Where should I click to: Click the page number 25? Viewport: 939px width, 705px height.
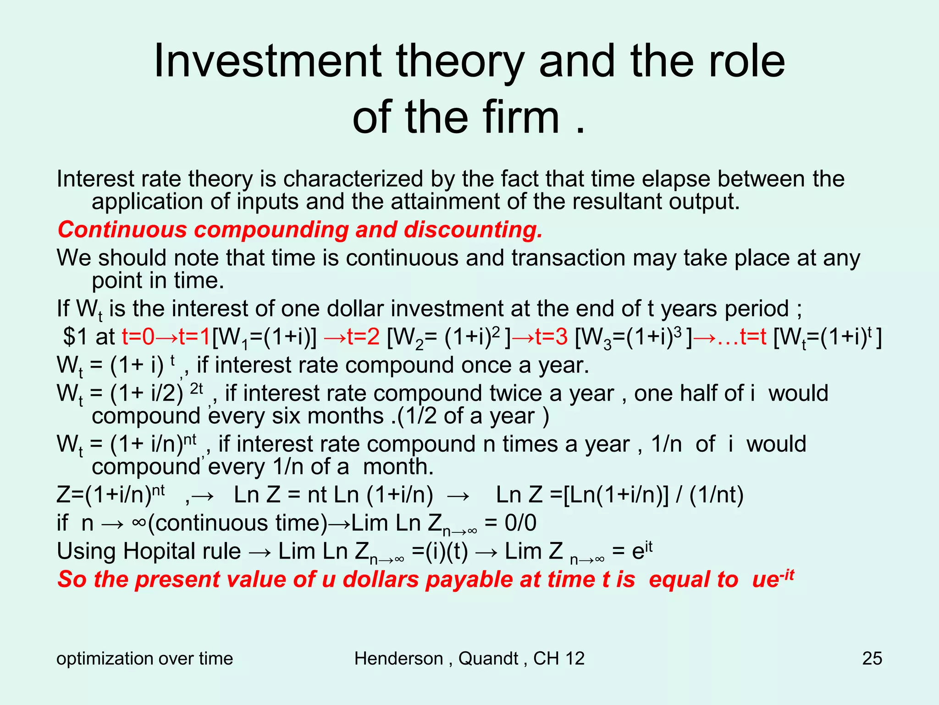[x=872, y=659]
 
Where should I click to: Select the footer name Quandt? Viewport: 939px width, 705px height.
[x=488, y=659]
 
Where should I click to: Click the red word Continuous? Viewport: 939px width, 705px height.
[x=122, y=229]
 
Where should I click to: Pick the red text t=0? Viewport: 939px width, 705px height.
[x=138, y=337]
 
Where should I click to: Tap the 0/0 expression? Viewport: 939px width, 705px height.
[x=520, y=523]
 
